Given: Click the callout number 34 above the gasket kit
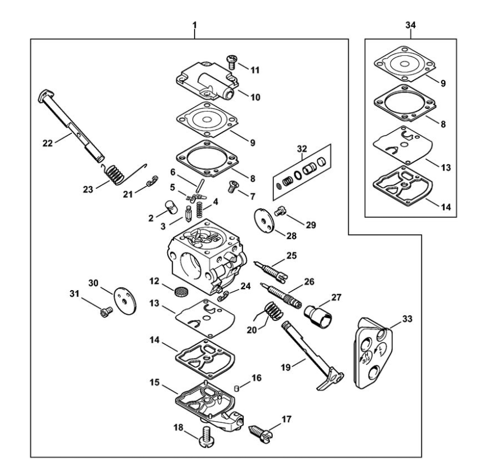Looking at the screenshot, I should pyautogui.click(x=410, y=25).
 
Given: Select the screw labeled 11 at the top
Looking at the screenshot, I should pyautogui.click(x=232, y=60).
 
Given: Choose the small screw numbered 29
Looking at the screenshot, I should pyautogui.click(x=280, y=212).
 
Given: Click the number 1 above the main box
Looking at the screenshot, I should pyautogui.click(x=195, y=25).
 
